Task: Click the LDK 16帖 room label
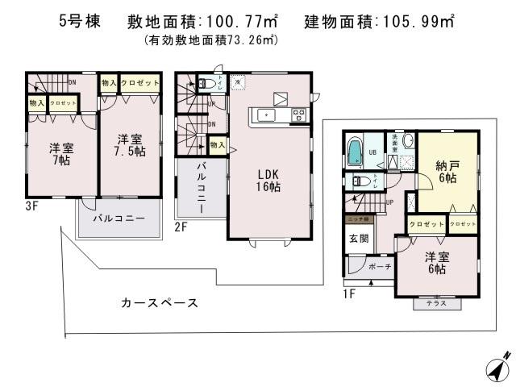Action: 268,180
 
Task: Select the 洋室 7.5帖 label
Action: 129,146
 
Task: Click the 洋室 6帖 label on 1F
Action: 435,263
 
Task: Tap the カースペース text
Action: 160,303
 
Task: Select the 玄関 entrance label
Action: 359,239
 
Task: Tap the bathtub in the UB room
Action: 356,152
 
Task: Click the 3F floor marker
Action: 31,206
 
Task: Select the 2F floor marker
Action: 181,227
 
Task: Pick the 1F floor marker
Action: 350,293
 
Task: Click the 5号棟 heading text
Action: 79,22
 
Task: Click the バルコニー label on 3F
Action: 118,218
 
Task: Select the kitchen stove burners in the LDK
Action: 298,115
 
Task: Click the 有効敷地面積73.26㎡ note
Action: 210,39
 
